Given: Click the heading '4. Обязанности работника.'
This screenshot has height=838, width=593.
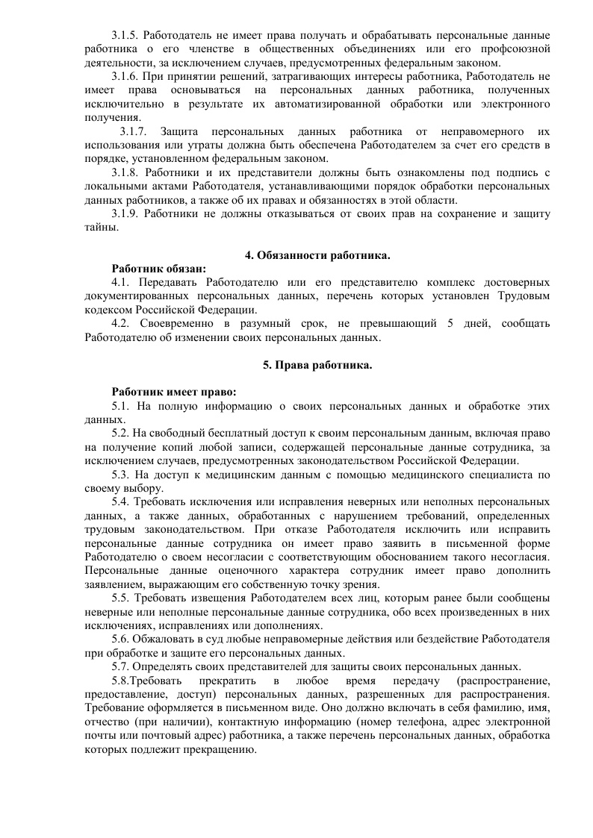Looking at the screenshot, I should coord(317,256).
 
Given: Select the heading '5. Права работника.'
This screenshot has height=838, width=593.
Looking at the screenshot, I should coord(317,365).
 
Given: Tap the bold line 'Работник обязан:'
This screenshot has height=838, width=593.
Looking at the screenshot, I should coord(159,269).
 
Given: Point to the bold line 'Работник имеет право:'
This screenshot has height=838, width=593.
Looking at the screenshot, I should coord(174,393).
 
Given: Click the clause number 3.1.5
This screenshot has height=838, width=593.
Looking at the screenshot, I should coord(124,36).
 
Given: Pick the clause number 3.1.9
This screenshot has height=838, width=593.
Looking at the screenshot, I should coord(124,214).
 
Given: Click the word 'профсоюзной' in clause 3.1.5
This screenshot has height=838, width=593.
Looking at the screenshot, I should coord(516,50).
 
